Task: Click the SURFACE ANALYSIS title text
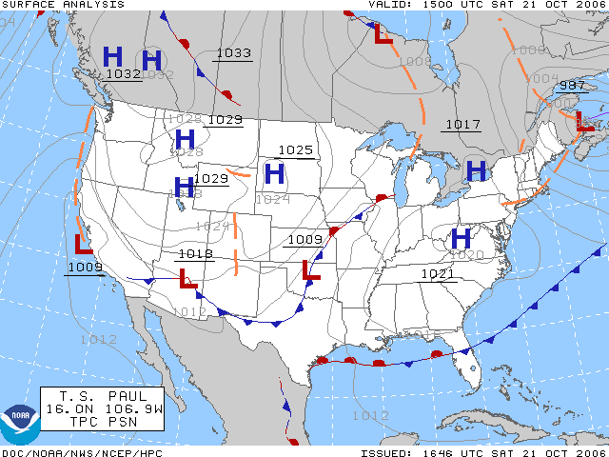tap(56, 5)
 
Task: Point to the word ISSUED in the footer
tap(383, 452)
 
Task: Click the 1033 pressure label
tap(233, 53)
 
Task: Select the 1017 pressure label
tap(462, 125)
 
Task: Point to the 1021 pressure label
tap(439, 274)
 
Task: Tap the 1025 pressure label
tap(295, 150)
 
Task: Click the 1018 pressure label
tap(195, 254)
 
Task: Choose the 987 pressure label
tap(572, 86)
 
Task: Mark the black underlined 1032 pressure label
tap(123, 73)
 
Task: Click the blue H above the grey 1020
tap(462, 237)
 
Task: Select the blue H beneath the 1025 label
tap(274, 173)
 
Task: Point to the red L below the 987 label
tap(583, 121)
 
